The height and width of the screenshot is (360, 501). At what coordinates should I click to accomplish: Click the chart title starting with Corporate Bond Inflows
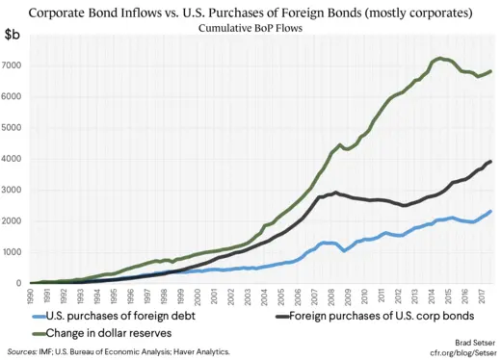(250, 13)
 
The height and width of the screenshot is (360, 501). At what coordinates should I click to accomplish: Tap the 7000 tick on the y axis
(14, 64)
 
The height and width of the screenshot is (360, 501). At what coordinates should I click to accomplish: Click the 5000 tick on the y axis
(14, 127)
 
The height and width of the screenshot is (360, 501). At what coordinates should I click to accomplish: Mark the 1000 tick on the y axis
(14, 252)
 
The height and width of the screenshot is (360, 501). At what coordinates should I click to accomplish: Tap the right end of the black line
(491, 161)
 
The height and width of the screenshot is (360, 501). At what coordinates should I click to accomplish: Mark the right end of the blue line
(491, 211)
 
